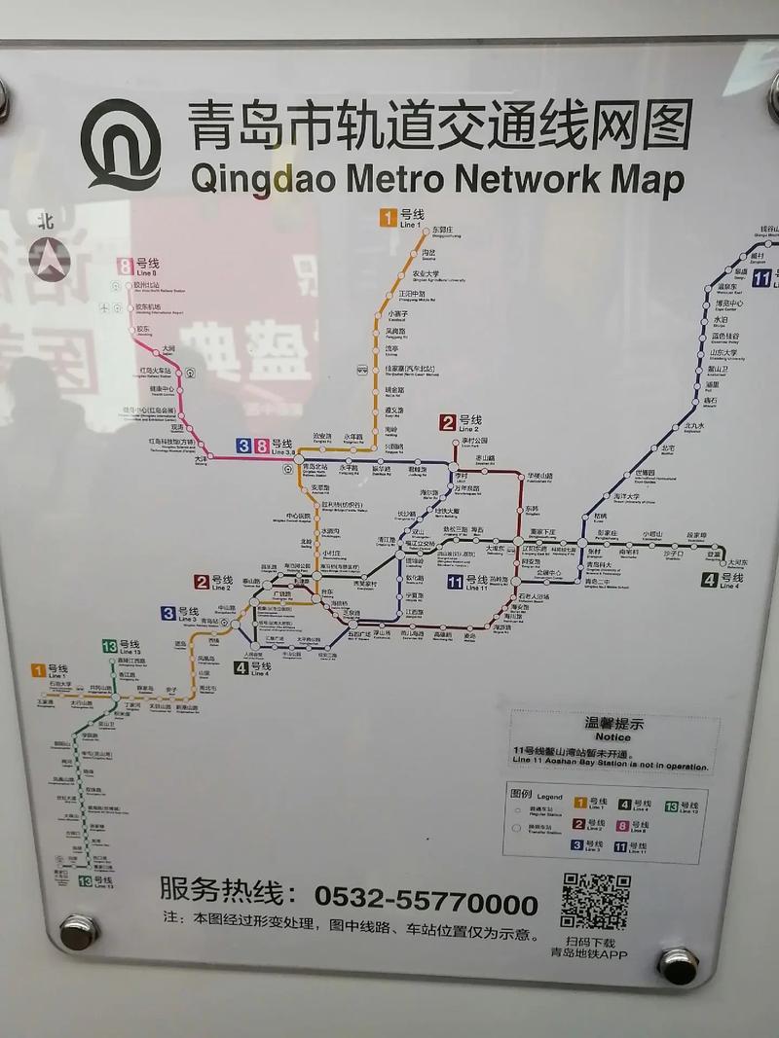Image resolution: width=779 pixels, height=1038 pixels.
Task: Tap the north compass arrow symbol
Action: (50, 258)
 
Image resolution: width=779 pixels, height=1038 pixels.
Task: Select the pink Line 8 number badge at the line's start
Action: (125, 265)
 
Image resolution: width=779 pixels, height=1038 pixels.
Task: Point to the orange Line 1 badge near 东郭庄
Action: (389, 218)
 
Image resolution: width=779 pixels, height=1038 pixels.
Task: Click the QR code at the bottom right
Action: (595, 902)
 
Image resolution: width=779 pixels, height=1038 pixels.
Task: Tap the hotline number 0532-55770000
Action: (426, 903)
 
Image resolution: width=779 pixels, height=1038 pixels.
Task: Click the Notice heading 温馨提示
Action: (613, 724)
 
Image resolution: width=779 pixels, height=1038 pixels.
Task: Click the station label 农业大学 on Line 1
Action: (426, 274)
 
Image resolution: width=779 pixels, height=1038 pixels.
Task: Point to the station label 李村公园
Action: (474, 441)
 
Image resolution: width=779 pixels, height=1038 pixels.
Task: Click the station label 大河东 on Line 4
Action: (737, 562)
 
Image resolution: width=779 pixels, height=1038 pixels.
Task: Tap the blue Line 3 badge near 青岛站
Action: (168, 613)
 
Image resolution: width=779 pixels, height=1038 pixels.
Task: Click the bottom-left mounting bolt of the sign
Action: (77, 931)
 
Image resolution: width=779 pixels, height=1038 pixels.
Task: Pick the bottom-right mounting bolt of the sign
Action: (678, 964)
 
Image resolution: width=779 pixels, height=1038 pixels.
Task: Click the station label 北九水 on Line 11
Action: (693, 425)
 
